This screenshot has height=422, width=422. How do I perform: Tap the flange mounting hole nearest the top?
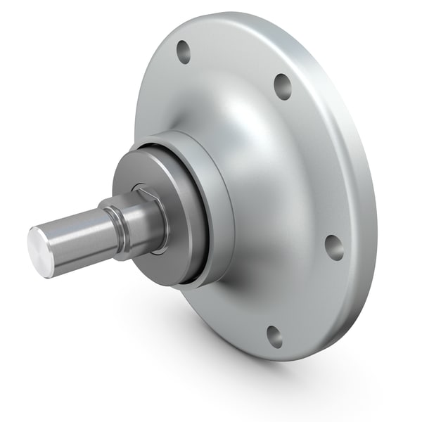pyautogui.click(x=184, y=51)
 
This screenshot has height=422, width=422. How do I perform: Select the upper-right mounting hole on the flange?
pyautogui.click(x=283, y=85)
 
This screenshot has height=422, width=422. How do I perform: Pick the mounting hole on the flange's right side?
pyautogui.click(x=333, y=247)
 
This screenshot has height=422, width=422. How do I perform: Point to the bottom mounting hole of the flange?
pyautogui.click(x=274, y=336)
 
